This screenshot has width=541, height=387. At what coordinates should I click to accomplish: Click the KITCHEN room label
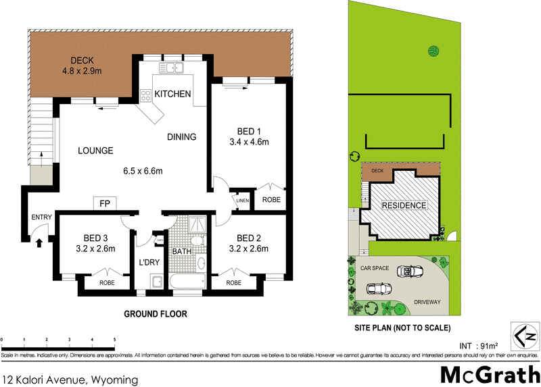pyautogui.click(x=172, y=94)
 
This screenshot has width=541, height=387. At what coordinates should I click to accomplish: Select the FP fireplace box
pyautogui.click(x=104, y=203)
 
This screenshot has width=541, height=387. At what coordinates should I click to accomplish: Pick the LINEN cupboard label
pyautogui.click(x=242, y=201)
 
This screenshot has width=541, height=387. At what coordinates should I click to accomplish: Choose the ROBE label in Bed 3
pyautogui.click(x=107, y=282)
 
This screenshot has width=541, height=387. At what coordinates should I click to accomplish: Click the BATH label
pyautogui.click(x=182, y=252)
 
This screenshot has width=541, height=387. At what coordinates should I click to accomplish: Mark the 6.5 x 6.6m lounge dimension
pyautogui.click(x=143, y=171)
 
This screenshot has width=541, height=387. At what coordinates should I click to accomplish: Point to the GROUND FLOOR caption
pyautogui.click(x=155, y=314)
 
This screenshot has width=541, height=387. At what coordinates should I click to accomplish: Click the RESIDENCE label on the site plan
pyautogui.click(x=404, y=205)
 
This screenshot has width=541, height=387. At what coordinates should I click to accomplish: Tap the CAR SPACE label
pyautogui.click(x=374, y=268)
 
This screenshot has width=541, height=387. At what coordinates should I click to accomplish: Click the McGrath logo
pyautogui.click(x=490, y=373)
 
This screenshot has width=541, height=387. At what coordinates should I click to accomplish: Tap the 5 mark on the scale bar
pyautogui.click(x=114, y=339)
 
